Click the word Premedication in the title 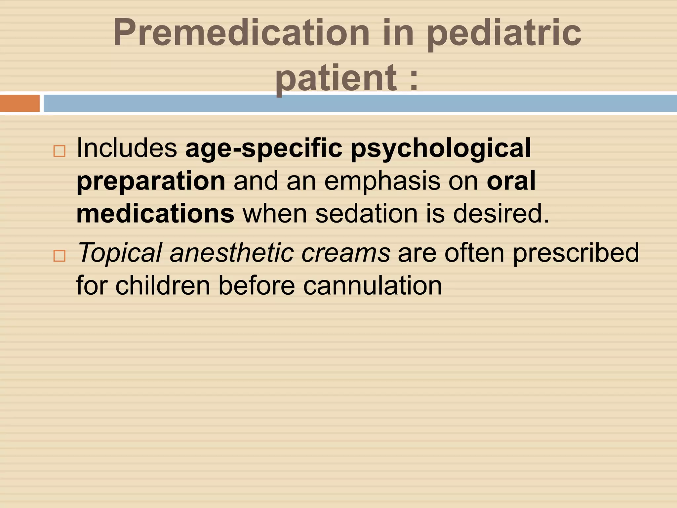pyautogui.click(x=241, y=33)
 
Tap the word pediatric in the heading pyautogui.click(x=504, y=33)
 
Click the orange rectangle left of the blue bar pyautogui.click(x=20, y=103)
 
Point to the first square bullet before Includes pyautogui.click(x=60, y=151)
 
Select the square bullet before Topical pyautogui.click(x=60, y=256)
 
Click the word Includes pyautogui.click(x=127, y=148)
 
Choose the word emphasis pyautogui.click(x=382, y=181)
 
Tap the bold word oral pyautogui.click(x=511, y=181)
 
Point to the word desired pyautogui.click(x=500, y=214)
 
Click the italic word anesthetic pyautogui.click(x=232, y=253)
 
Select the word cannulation pyautogui.click(x=373, y=286)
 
